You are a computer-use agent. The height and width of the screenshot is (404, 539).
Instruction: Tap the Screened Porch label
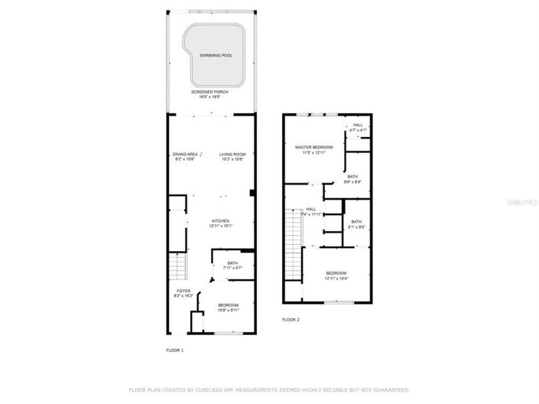(x=209, y=92)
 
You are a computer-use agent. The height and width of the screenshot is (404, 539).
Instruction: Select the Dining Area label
(x=185, y=154)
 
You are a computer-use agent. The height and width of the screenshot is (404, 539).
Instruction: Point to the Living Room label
(x=232, y=154)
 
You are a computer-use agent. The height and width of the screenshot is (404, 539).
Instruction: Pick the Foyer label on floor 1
(x=183, y=291)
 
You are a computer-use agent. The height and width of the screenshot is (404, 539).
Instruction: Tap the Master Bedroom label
(x=314, y=146)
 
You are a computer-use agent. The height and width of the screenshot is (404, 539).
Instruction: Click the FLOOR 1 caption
(x=175, y=350)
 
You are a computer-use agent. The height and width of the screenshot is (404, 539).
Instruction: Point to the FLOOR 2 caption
(x=291, y=319)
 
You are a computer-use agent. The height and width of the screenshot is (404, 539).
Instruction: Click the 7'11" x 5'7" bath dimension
(x=232, y=268)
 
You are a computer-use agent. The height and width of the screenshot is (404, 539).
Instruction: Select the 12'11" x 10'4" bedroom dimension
(x=336, y=279)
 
